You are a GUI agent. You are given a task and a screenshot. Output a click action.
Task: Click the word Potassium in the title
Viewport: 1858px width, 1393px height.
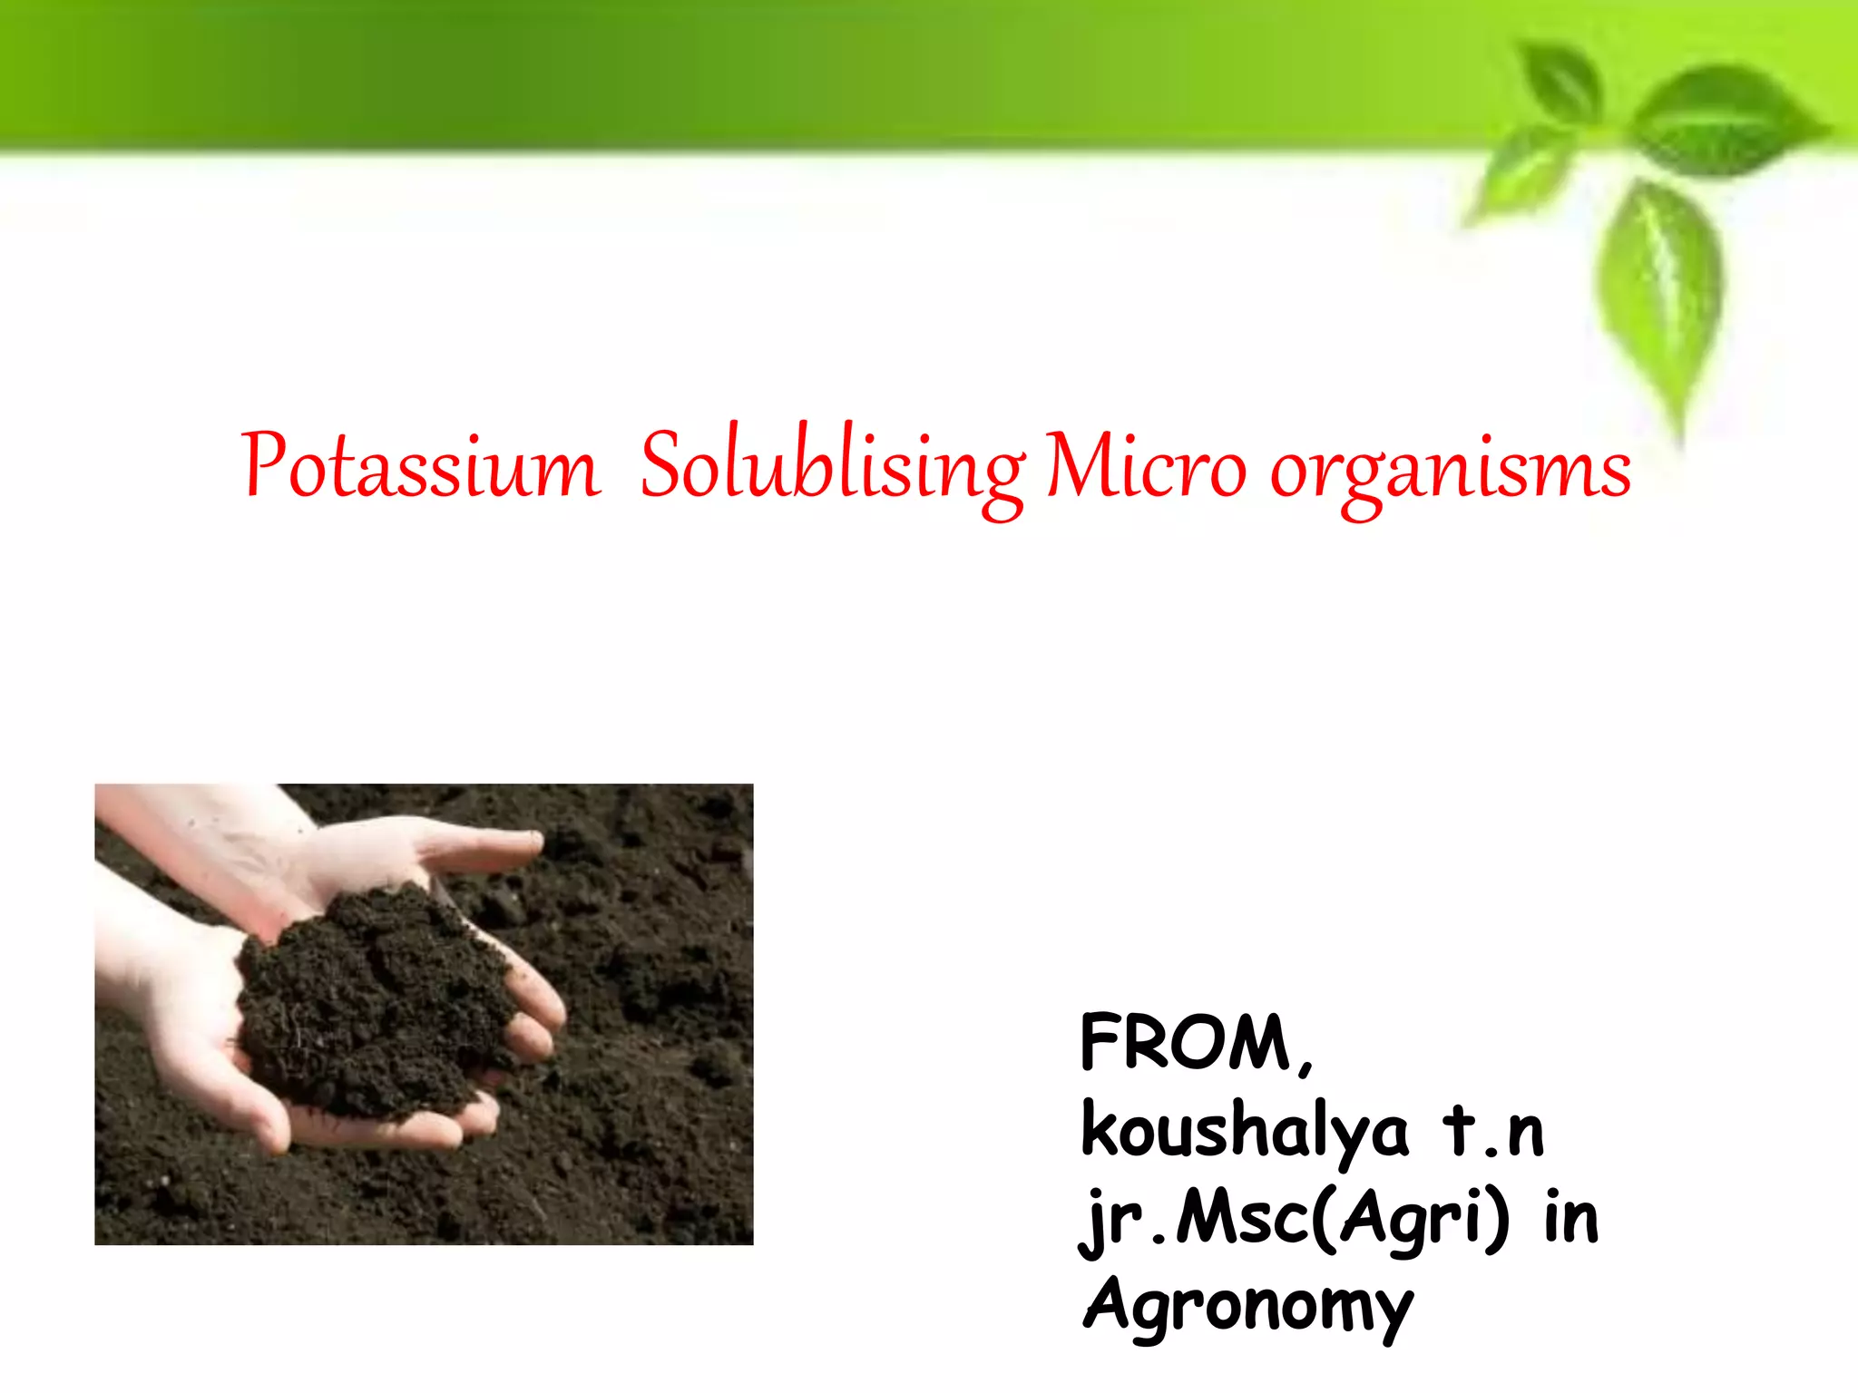420,468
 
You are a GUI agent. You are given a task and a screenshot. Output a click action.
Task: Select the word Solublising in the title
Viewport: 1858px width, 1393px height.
833,468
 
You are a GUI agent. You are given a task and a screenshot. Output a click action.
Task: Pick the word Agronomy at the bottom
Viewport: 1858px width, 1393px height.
1248,1306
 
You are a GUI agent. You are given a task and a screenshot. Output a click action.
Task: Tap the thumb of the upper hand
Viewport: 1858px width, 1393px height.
481,848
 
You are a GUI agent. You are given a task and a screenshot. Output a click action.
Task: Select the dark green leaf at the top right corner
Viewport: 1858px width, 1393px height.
1724,118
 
